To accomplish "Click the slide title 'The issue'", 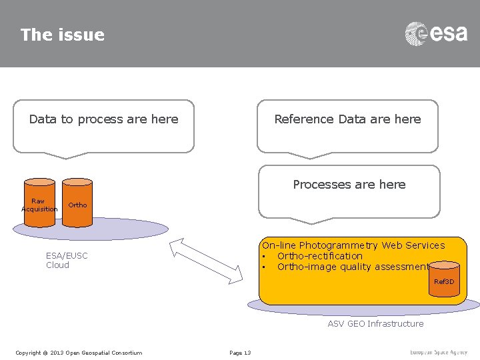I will coord(62,35).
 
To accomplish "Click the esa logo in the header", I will coord(436,33).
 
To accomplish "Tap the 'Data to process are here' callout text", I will coord(103,119).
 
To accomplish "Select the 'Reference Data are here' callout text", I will coord(347,119).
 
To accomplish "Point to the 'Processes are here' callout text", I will coord(349,185).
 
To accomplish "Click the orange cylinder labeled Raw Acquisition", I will coord(39,203).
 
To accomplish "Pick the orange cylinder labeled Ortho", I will coord(77,203).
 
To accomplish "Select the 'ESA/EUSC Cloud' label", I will coord(67,260).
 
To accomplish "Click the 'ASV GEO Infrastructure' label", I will coord(375,324).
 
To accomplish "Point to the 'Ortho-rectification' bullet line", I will coord(319,256).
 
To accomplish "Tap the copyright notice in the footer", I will coord(79,353).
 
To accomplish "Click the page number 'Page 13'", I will coord(240,353).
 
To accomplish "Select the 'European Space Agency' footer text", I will coord(439,352).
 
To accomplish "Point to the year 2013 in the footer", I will coord(57,353).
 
